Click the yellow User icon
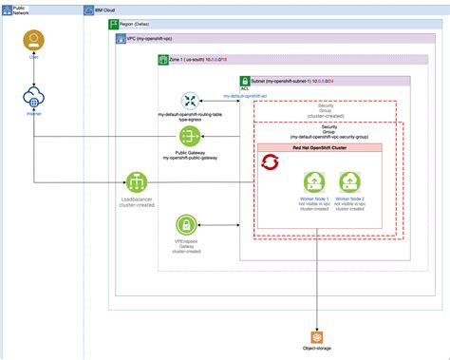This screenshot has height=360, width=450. tap(34, 42)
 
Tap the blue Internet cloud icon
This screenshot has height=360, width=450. tap(34, 99)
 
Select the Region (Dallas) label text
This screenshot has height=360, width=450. tap(141, 22)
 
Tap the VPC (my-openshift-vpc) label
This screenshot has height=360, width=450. tap(158, 40)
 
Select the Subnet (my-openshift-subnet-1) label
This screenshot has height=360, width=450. tap(313, 80)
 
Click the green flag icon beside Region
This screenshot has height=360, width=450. tap(113, 22)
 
